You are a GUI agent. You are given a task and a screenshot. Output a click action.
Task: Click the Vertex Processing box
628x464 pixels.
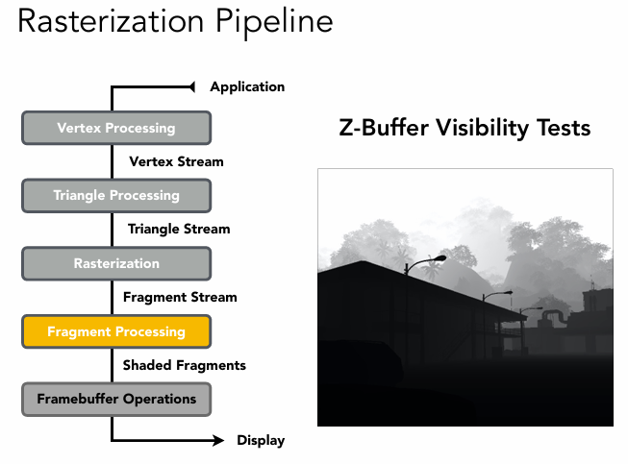coord(115,128)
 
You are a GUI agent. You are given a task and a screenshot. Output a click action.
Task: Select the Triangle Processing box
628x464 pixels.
coord(115,196)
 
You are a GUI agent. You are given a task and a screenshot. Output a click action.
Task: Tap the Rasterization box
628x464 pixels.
coord(115,263)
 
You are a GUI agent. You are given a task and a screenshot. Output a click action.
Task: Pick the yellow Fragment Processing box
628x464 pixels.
coord(115,332)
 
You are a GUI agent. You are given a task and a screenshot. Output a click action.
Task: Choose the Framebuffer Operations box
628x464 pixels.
coord(115,399)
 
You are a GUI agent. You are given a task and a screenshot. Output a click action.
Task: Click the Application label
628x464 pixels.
coord(247,86)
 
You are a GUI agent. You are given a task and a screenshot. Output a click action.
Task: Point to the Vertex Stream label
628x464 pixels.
coord(176,161)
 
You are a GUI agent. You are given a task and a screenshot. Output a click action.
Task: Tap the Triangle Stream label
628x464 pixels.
coord(179,229)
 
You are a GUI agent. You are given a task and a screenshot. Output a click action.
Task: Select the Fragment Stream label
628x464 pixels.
coord(180,297)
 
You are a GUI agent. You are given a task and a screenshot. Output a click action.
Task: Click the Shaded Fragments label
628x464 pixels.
coord(184,365)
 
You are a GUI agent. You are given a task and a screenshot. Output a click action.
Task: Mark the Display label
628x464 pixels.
coord(261,441)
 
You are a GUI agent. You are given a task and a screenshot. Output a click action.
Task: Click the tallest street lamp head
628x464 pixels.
coord(439,257)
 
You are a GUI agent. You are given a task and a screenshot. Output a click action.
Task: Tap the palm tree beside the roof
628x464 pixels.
coord(429,267)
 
